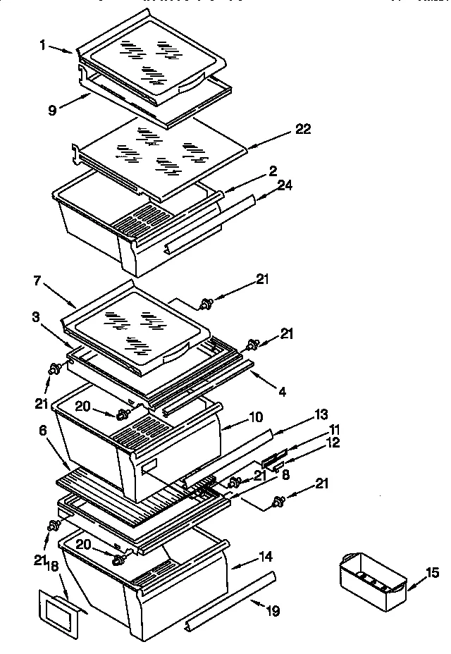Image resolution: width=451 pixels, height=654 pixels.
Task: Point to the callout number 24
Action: coord(285,185)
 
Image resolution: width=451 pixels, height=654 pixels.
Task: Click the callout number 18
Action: coord(51,567)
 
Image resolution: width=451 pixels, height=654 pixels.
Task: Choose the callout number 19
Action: coord(271,611)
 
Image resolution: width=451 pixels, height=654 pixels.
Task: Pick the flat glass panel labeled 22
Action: coord(162,159)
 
